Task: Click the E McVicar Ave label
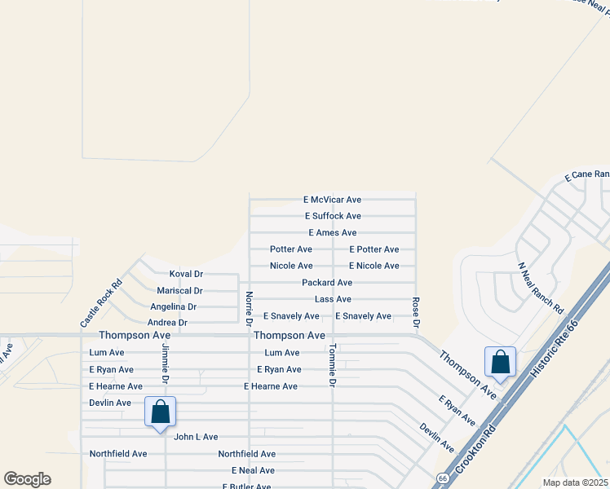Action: [332, 200]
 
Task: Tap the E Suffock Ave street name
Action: [333, 216]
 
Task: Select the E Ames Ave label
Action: [332, 233]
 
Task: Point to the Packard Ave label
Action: [327, 283]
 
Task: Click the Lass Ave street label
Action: [333, 300]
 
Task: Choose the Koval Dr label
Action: [186, 274]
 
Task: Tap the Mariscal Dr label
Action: [179, 291]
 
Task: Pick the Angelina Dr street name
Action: [173, 307]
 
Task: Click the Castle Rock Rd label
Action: [101, 304]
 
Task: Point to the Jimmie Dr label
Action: [165, 363]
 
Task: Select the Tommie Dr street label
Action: [333, 365]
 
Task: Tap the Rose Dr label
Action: [416, 313]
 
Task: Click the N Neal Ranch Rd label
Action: [541, 289]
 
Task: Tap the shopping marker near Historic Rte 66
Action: [500, 363]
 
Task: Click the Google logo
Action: [27, 479]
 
